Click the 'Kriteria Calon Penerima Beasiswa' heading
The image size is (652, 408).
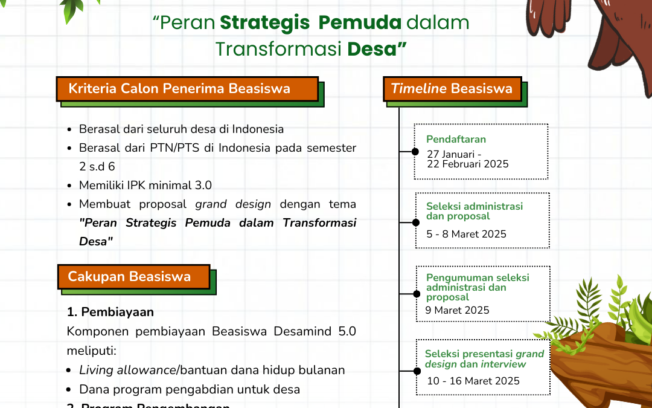pyautogui.click(x=179, y=89)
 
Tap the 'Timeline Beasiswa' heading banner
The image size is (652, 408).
pyautogui.click(x=452, y=89)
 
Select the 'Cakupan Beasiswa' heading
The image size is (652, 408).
pyautogui.click(x=129, y=277)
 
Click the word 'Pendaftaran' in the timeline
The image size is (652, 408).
pyautogui.click(x=456, y=139)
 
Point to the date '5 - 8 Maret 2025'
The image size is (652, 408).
pyautogui.click(x=466, y=234)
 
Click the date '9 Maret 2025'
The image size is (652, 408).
pyautogui.click(x=457, y=310)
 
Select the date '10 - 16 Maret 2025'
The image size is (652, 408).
pyautogui.click(x=473, y=381)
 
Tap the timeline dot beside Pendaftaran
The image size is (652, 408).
pyautogui.click(x=415, y=152)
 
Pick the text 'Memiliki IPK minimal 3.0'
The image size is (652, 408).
pyautogui.click(x=145, y=185)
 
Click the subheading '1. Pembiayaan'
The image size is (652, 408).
pyautogui.click(x=110, y=312)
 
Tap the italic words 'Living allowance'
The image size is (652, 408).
pyautogui.click(x=127, y=370)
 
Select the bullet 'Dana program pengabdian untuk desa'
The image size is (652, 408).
pyautogui.click(x=190, y=389)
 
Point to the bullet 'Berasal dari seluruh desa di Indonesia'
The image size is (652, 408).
pyautogui.click(x=181, y=129)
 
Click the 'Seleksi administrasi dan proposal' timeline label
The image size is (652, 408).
pyautogui.click(x=475, y=211)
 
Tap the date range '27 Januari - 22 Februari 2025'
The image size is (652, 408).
pyautogui.click(x=467, y=159)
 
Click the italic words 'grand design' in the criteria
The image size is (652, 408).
pyautogui.click(x=233, y=204)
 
